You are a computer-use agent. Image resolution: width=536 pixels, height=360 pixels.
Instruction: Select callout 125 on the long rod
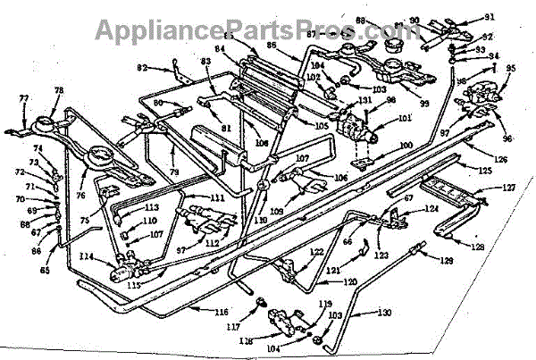[x=485, y=170]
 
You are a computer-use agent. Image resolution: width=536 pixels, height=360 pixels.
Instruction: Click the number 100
[x=406, y=145]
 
